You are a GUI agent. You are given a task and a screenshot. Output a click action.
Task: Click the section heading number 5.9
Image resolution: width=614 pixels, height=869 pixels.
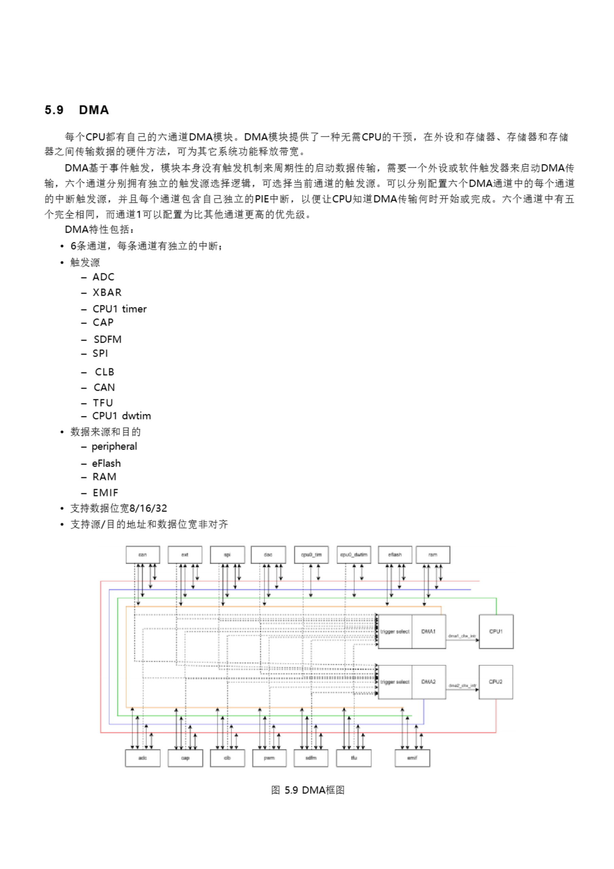pyautogui.click(x=54, y=110)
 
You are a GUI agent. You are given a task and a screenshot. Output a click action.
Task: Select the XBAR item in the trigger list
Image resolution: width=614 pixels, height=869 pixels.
pyautogui.click(x=107, y=293)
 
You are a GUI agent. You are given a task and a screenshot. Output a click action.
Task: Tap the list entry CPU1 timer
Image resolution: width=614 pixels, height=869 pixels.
pyautogui.click(x=119, y=309)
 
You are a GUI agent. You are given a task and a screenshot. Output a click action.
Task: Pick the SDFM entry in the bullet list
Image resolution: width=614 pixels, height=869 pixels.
pyautogui.click(x=108, y=339)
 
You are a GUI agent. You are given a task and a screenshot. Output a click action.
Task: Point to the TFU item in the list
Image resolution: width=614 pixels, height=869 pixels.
pyautogui.click(x=102, y=403)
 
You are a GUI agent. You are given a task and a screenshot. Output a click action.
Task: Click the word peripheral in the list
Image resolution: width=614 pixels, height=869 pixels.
pyautogui.click(x=114, y=447)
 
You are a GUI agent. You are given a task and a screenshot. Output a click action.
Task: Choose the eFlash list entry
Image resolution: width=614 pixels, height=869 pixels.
pyautogui.click(x=106, y=463)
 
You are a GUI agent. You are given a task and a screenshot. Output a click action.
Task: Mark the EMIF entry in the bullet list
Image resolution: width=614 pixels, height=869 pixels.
pyautogui.click(x=105, y=493)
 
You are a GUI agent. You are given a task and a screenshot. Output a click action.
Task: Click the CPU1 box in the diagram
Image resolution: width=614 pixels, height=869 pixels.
pyautogui.click(x=496, y=631)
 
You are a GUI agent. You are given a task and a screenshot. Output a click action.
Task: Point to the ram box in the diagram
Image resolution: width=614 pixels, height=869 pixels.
pyautogui.click(x=433, y=554)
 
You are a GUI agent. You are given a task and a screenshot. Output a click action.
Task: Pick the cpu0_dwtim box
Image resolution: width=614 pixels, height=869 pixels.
pyautogui.click(x=354, y=554)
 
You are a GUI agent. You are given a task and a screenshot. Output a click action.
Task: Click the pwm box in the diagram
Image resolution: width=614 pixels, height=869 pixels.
pyautogui.click(x=269, y=758)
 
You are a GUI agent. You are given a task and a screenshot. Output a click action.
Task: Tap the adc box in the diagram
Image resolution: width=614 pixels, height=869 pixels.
pyautogui.click(x=142, y=758)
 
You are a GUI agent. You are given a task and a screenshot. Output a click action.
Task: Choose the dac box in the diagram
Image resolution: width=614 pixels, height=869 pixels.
pyautogui.click(x=268, y=554)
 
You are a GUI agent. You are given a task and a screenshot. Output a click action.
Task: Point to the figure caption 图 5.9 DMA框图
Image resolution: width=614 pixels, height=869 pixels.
pyautogui.click(x=308, y=790)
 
